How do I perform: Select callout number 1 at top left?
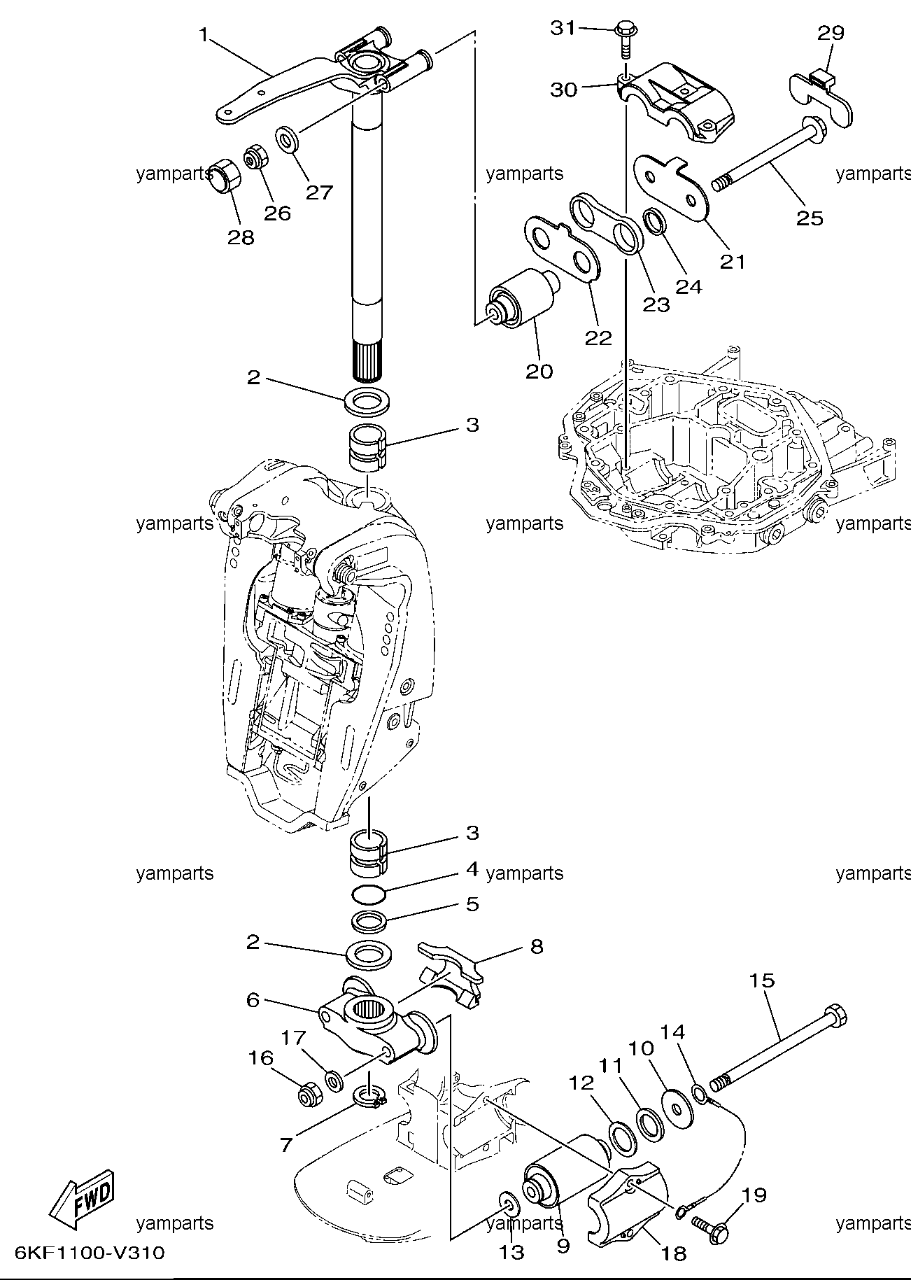[204, 35]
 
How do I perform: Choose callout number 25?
[810, 218]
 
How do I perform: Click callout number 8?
[537, 946]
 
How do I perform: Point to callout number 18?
[673, 1253]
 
